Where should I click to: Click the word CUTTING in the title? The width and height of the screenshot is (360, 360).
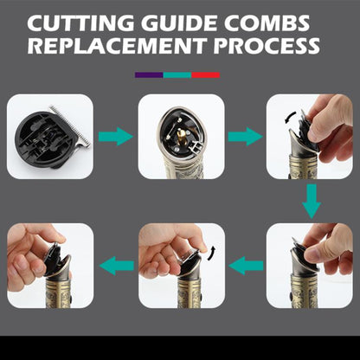[80, 23]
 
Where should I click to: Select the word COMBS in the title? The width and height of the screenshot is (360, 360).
[267, 23]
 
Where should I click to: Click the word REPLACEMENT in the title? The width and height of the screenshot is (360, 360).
[117, 46]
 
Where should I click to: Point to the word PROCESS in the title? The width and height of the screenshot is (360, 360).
[267, 46]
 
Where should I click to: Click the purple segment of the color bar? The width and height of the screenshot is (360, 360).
[149, 75]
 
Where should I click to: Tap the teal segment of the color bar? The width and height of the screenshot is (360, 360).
[177, 75]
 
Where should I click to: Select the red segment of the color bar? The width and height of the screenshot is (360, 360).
[206, 75]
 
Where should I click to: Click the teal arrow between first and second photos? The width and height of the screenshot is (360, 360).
[116, 137]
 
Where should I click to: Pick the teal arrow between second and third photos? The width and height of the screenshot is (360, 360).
[245, 137]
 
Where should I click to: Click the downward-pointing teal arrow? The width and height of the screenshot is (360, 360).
[312, 201]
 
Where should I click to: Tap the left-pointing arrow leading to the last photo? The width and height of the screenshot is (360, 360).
[117, 266]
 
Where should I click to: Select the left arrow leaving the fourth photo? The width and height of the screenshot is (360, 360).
[246, 266]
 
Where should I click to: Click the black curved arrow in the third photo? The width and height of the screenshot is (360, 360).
[291, 119]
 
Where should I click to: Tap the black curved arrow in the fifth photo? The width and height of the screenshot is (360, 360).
[211, 254]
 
